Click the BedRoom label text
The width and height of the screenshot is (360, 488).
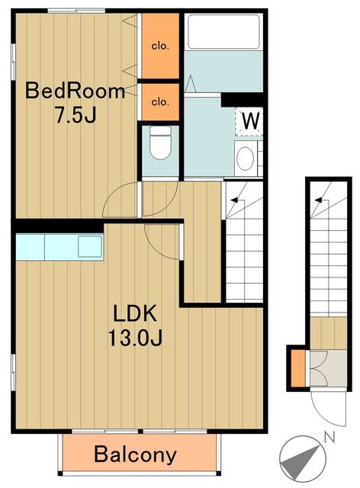click(75, 91)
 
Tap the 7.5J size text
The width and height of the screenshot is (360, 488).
click(76, 114)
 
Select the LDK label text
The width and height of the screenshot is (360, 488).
click(134, 313)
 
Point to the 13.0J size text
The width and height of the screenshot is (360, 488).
click(135, 338)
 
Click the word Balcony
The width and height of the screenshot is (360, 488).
click(135, 454)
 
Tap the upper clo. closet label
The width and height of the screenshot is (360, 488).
click(160, 47)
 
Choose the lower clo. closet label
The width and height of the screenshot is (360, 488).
click(160, 101)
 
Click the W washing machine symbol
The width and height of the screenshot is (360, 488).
click(249, 121)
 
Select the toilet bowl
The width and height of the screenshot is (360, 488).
click(160, 143)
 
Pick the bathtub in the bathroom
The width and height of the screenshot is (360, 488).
click(223, 31)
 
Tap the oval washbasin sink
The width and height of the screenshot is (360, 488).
click(245, 159)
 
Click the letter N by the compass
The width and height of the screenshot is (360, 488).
click(329, 437)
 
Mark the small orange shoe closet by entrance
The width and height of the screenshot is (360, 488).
click(298, 368)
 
